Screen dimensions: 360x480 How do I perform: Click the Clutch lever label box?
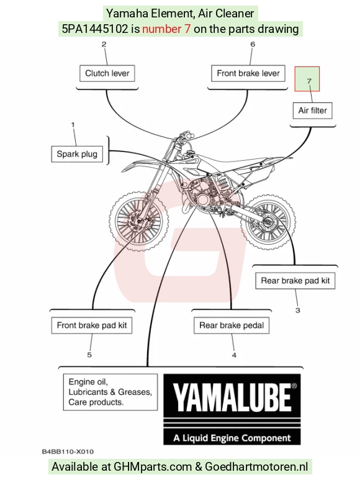click(x=107, y=73)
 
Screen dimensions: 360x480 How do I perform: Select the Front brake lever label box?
click(x=248, y=73)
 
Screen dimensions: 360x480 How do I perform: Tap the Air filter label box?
click(x=313, y=111)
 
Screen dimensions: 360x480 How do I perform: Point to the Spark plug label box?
click(x=77, y=154)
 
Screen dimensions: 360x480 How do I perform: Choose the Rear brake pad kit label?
click(x=295, y=281)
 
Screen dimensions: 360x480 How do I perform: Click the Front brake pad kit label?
click(x=92, y=325)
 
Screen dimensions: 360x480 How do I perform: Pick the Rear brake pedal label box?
click(x=232, y=325)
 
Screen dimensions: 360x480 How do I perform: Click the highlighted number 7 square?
click(x=307, y=79)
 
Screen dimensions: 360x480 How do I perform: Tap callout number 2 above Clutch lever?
click(x=104, y=44)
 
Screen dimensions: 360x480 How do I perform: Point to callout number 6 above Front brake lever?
click(x=253, y=44)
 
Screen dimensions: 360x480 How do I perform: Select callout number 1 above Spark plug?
click(x=73, y=125)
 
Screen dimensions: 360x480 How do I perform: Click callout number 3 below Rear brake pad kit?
click(x=297, y=310)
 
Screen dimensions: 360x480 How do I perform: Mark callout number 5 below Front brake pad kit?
click(x=89, y=355)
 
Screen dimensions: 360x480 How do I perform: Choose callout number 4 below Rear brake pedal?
click(x=234, y=355)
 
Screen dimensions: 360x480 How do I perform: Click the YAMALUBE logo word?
click(x=233, y=397)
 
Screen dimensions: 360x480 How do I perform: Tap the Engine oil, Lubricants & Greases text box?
click(x=110, y=392)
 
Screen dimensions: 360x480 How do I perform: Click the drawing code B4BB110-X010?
click(x=68, y=451)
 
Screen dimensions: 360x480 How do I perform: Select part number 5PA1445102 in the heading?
click(x=95, y=29)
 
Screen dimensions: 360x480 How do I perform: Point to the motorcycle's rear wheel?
click(x=268, y=222)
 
